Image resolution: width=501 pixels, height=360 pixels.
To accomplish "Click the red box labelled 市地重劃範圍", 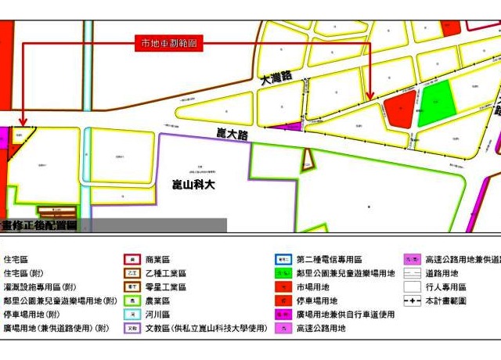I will pos(168,43).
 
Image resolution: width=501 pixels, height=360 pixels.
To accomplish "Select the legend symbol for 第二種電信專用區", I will pos(283,259).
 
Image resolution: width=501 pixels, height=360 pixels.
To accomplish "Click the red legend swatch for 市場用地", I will pos(283,287).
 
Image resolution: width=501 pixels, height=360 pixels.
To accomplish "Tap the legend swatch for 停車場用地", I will pos(283,301).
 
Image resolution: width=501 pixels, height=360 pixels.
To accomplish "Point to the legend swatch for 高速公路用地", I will pos(283,329).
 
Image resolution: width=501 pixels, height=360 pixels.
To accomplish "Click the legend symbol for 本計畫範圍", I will pos(413,301).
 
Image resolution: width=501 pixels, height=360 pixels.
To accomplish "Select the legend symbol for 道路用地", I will pos(413,273).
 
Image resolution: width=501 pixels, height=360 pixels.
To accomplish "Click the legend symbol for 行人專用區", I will pos(413,287).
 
